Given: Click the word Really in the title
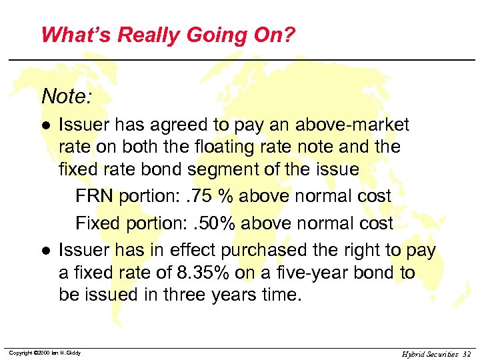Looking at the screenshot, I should coord(133,35).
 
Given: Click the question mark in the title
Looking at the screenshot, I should coord(288,35).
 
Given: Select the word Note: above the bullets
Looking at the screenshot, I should coord(67,97).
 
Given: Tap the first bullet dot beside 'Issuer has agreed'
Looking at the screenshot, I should coord(45,125).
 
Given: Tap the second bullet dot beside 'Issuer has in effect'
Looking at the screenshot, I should coord(45,251).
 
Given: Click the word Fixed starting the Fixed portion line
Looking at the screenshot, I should coord(96,223).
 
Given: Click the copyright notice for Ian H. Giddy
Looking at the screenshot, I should coord(45,353).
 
